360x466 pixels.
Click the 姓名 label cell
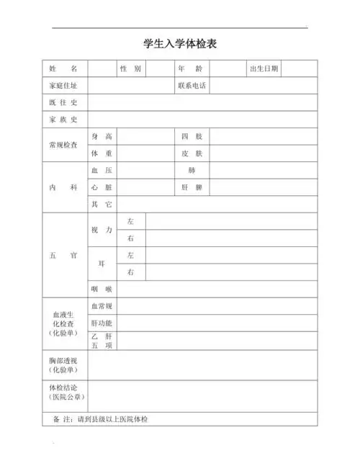pos(63,68)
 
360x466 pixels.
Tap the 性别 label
pos(131,68)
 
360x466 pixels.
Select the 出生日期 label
pos(264,68)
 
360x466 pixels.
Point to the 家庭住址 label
pos(63,86)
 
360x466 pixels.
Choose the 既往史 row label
pos(63,103)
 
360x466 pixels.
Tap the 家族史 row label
pos(63,120)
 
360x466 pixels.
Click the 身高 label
pos(102,136)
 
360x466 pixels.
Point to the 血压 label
pos(102,171)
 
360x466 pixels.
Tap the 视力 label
pos(102,230)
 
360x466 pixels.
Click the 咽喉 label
pos(102,289)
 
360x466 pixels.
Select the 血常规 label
pos(102,306)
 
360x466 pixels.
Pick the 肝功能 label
pos(102,323)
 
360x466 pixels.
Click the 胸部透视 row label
pos(63,364)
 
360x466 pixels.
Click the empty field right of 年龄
pos(227,68)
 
